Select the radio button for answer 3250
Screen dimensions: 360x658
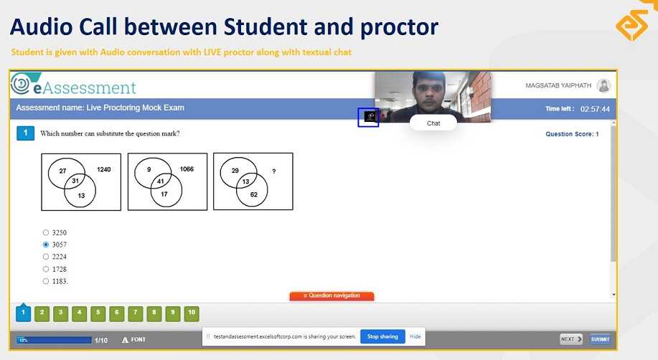tap(46, 233)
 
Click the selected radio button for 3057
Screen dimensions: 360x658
tap(46, 245)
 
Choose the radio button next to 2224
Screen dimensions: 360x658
tap(46, 257)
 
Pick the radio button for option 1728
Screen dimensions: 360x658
tap(46, 269)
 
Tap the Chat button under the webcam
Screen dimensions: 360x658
tap(433, 123)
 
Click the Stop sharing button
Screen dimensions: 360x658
tap(382, 336)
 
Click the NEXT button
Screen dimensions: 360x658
tap(571, 339)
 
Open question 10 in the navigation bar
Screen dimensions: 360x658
tap(191, 313)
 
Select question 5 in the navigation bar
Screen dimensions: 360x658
tap(98, 313)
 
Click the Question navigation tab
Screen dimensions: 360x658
tap(332, 295)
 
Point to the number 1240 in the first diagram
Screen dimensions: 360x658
tap(104, 169)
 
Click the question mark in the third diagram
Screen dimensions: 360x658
tap(273, 171)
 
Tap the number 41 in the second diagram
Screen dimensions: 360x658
tap(161, 182)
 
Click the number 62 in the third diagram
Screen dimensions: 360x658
tap(253, 194)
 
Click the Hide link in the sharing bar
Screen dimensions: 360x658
tap(415, 336)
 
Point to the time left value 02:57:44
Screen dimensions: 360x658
tap(595, 109)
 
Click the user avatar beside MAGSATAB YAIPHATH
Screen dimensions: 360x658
tap(603, 86)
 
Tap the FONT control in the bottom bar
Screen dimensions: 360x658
tap(134, 340)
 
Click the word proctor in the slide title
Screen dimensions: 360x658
tap(398, 28)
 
